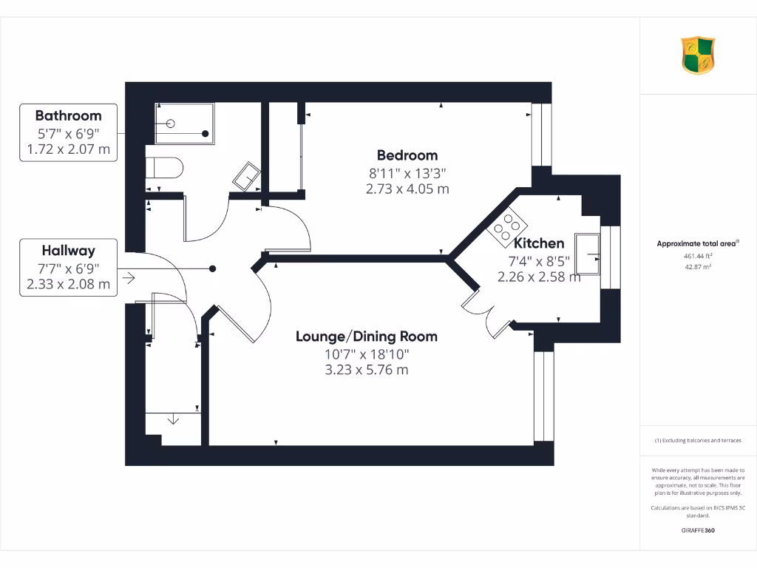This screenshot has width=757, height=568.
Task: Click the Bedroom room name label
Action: tap(407, 155)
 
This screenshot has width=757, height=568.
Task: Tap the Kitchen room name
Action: tap(539, 243)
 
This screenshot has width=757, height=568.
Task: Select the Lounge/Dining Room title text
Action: tap(367, 337)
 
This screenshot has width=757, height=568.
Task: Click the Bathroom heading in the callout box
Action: tap(68, 115)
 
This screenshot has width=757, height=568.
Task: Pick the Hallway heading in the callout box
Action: tap(68, 251)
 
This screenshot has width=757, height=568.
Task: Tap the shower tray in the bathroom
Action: tap(184, 124)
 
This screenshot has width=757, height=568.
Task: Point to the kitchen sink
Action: tap(589, 256)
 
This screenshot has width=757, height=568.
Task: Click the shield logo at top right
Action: tap(698, 55)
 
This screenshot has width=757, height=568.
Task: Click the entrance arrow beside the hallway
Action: tap(129, 279)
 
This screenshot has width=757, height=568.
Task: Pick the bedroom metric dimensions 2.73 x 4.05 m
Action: tap(407, 189)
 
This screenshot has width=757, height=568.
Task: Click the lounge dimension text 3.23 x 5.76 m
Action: tap(367, 370)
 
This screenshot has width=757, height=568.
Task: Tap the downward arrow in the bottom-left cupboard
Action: tap(173, 420)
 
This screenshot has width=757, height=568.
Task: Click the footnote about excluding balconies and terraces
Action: tap(698, 440)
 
